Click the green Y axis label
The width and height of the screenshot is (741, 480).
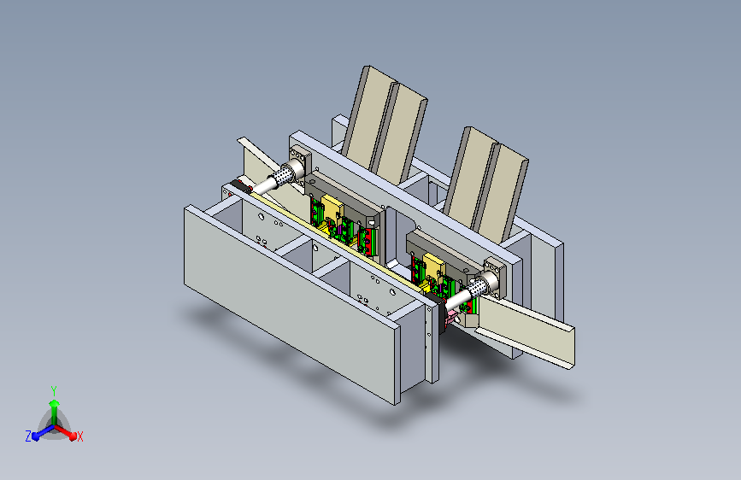54,391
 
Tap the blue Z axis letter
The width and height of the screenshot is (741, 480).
28,436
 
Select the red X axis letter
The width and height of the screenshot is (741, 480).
79,436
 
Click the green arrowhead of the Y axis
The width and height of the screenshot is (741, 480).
55,404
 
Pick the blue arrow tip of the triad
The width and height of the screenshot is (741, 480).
36,437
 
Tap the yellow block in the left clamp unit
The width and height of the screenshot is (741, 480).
332,210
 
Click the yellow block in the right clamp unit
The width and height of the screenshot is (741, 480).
434,267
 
